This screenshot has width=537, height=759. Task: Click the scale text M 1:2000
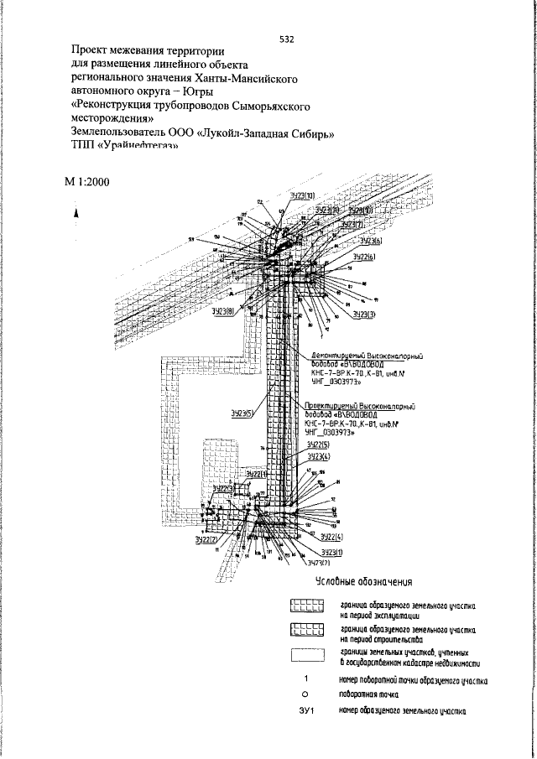pos(85,182)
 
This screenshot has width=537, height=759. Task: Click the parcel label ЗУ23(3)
pos(363,314)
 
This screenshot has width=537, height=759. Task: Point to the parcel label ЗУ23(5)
pos(242,413)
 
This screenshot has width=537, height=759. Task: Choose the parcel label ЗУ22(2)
pos(206,540)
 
